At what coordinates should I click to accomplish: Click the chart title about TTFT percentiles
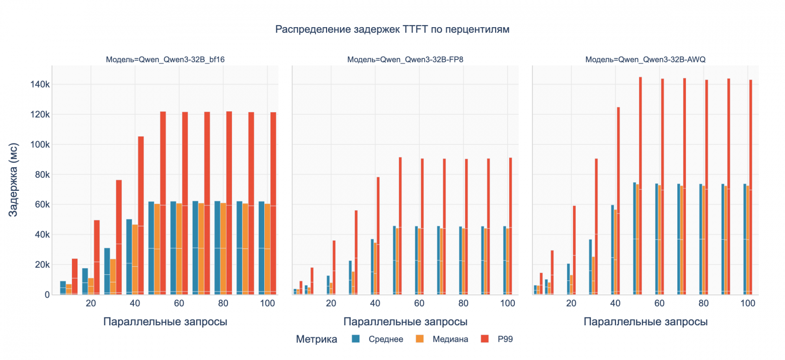click(392, 30)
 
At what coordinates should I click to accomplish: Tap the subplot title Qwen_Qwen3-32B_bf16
click(165, 59)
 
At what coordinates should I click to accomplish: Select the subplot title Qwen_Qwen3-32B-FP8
click(405, 59)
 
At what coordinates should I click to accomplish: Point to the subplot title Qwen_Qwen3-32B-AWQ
click(646, 59)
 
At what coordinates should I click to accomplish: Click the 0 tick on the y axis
click(47, 295)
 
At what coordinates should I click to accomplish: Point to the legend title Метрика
click(317, 339)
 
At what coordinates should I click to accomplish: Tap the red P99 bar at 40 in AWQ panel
click(618, 201)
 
